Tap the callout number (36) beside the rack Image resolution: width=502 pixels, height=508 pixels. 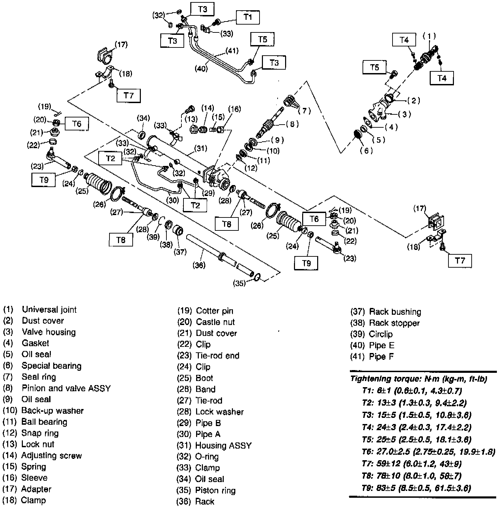tap(199, 265)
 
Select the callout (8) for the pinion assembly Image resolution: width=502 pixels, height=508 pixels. tap(292, 124)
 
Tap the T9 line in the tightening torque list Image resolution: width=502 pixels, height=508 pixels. tap(416, 488)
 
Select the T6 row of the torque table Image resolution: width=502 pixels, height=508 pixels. tap(428, 452)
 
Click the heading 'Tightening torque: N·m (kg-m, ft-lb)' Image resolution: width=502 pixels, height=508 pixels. tap(418, 379)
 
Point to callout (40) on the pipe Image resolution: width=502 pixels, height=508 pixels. tap(201, 68)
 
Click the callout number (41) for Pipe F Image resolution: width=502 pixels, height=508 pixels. tap(232, 51)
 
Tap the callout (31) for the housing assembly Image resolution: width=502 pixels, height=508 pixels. tap(201, 149)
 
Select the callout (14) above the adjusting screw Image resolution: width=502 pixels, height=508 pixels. tap(207, 108)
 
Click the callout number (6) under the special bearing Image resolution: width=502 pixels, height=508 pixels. tap(366, 150)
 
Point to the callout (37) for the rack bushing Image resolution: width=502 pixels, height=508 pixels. tap(180, 252)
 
